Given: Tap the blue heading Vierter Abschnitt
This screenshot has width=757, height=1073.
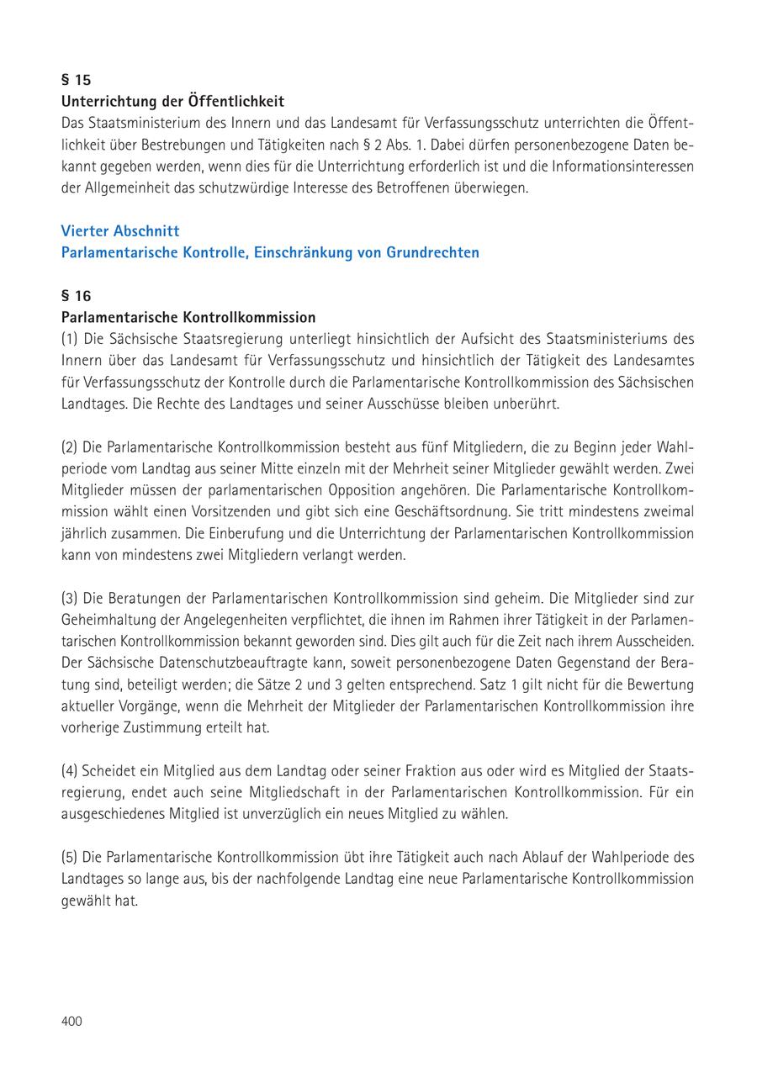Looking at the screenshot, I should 120,230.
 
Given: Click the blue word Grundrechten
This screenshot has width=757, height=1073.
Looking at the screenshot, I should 432,252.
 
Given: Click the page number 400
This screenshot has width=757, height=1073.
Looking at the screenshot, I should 71,1021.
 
